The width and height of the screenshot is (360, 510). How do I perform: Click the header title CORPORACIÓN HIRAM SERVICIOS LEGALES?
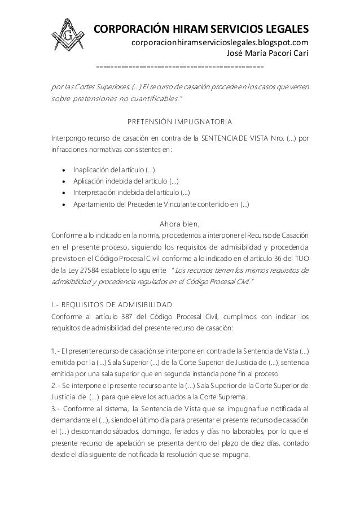click(200, 29)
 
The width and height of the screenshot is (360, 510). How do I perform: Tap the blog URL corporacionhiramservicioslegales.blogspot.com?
click(219, 43)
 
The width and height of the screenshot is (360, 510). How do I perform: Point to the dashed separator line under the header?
click(180, 68)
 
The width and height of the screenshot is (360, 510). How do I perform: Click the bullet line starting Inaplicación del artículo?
click(115, 169)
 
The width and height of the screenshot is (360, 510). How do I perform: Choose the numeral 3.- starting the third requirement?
click(56, 408)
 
